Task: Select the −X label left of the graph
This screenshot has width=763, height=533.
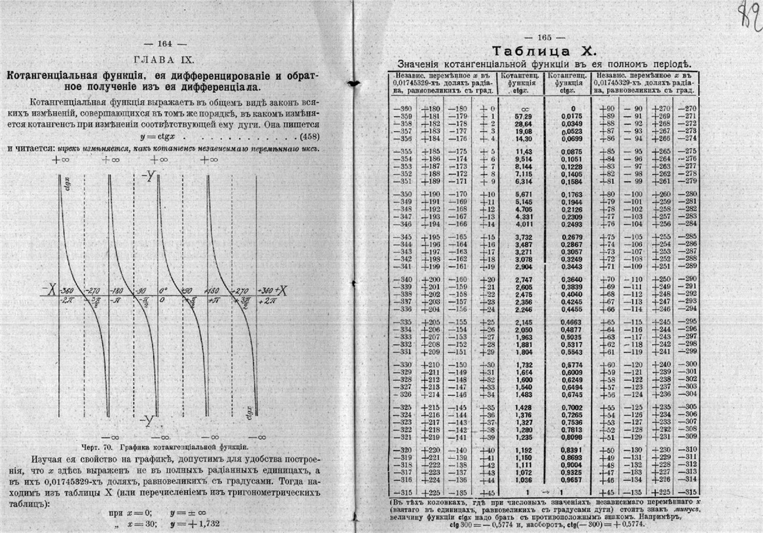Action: [x=48, y=291]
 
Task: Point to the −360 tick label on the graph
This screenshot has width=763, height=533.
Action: [x=67, y=291]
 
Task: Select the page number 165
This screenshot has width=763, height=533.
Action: [x=543, y=37]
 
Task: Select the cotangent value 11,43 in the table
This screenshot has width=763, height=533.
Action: [x=522, y=151]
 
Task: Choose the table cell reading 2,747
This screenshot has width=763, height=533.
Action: [x=522, y=278]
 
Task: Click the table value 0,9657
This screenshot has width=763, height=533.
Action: [x=566, y=479]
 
